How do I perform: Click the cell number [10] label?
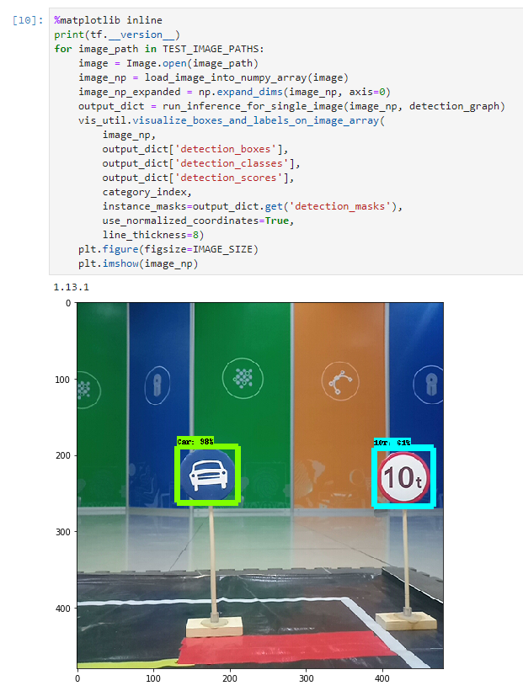(24, 19)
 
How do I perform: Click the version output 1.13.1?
(72, 287)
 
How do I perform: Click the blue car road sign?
(208, 476)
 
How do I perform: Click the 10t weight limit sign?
(403, 476)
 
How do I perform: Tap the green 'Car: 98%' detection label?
(195, 441)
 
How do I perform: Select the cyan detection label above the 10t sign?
(392, 442)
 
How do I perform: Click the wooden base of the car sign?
(215, 628)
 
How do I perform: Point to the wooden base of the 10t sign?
(406, 619)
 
